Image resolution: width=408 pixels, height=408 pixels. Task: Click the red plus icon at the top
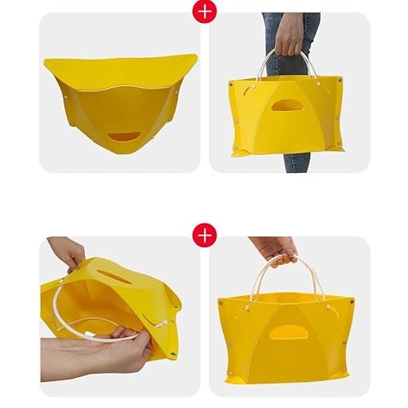(x=204, y=11)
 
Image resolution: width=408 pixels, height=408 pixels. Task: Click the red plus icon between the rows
(x=204, y=234)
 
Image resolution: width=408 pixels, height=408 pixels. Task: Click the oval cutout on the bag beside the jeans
(x=286, y=105)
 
